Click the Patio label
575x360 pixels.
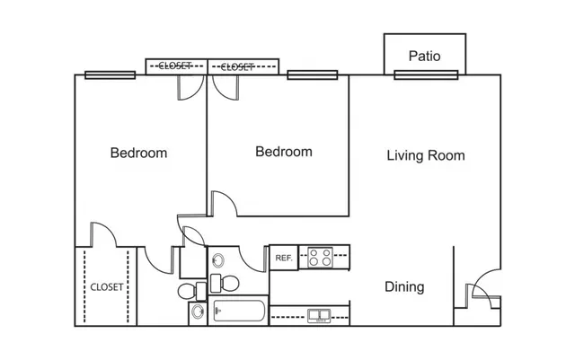[424, 56]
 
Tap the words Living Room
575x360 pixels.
[426, 155]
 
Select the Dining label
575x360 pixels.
[404, 286]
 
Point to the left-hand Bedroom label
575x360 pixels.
[138, 153]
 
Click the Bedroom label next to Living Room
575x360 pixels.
[284, 152]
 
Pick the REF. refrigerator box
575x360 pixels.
[284, 258]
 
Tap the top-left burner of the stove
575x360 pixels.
[314, 253]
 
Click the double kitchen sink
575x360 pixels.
[319, 316]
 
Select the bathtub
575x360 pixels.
[239, 311]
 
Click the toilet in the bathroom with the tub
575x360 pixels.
[225, 284]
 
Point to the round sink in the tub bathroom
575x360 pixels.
[218, 260]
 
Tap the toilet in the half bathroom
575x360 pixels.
[192, 292]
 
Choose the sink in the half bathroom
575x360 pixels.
[198, 312]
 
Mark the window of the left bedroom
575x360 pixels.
[110, 75]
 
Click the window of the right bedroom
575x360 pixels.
[313, 75]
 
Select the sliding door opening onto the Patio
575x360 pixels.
[426, 75]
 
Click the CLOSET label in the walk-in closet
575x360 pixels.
[107, 287]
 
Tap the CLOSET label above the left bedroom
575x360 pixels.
[175, 66]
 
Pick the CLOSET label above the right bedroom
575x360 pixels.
[237, 66]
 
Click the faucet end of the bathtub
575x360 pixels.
[217, 311]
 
